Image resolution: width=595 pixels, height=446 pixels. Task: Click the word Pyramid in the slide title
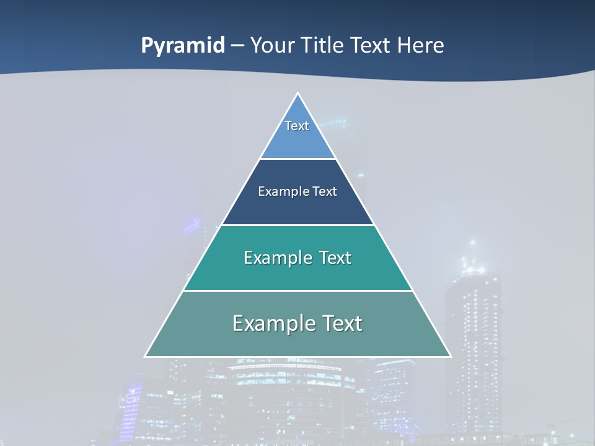[x=182, y=45]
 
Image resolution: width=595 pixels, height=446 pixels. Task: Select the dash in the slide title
[x=237, y=45]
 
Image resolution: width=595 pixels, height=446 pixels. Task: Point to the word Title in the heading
[x=322, y=45]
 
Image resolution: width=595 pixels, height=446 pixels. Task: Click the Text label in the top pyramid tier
[x=297, y=126]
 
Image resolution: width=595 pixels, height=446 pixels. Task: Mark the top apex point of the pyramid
[x=298, y=94]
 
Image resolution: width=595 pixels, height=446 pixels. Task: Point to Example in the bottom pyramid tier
[x=273, y=323]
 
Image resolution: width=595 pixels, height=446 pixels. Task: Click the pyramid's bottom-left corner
[x=146, y=356]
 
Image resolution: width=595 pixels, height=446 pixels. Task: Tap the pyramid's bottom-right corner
[x=450, y=356]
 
